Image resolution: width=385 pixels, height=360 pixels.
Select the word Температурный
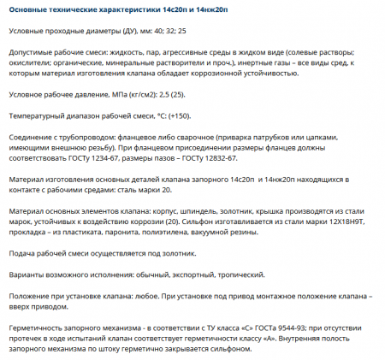point(37,115)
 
